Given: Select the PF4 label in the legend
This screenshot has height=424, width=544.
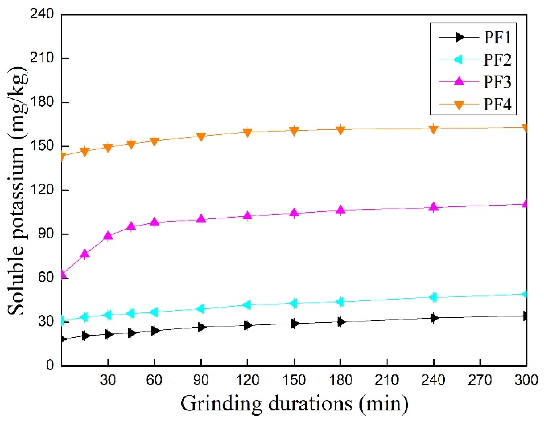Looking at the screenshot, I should (x=497, y=105).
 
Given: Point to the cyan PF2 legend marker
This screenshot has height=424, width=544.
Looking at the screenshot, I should (x=459, y=59).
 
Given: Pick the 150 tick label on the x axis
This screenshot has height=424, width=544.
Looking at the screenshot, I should (x=294, y=380).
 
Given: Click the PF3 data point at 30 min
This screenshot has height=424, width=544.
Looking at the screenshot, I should (x=108, y=236).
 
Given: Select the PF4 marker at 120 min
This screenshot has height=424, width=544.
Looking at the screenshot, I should (x=247, y=132).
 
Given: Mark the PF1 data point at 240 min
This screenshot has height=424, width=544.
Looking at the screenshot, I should (x=434, y=318).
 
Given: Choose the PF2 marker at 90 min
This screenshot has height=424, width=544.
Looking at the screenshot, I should (x=201, y=308).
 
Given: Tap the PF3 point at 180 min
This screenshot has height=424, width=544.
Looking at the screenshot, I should (x=340, y=210).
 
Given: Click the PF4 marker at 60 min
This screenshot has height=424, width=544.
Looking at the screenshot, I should (x=155, y=141).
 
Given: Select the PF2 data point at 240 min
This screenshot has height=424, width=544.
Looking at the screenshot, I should (x=433, y=297).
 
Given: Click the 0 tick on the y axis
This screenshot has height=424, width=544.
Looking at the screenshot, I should (x=50, y=365).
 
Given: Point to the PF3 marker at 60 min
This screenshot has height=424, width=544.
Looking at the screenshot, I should (x=155, y=222).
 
